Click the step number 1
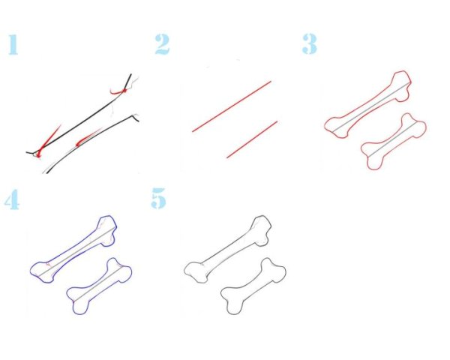[13, 44]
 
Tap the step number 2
[163, 44]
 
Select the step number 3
[310, 44]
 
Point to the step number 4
[12, 199]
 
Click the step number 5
[159, 198]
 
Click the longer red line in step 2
[232, 106]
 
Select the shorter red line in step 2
[252, 139]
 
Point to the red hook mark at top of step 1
[118, 91]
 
